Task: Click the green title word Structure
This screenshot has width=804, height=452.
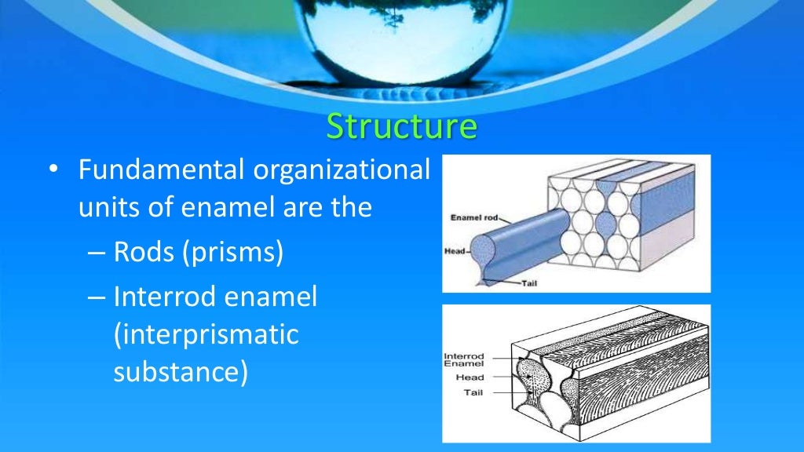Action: pyautogui.click(x=401, y=127)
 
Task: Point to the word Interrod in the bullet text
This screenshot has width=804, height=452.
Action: pyautogui.click(x=163, y=297)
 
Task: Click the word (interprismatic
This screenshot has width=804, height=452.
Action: pyautogui.click(x=206, y=334)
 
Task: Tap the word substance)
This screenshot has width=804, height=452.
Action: pyautogui.click(x=181, y=372)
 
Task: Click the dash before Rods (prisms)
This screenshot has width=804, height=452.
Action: pyautogui.click(x=96, y=253)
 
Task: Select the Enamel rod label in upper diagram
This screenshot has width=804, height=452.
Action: pyautogui.click(x=474, y=217)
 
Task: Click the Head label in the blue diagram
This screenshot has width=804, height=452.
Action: pyautogui.click(x=456, y=251)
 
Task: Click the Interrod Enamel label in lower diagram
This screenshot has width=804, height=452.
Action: pyautogui.click(x=464, y=360)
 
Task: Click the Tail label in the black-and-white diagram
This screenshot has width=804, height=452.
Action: pyautogui.click(x=473, y=392)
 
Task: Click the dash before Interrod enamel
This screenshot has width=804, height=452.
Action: pyautogui.click(x=96, y=297)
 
